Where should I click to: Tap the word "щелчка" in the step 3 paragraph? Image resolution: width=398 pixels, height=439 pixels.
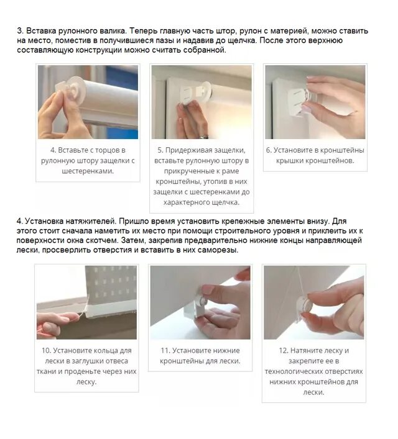click(239, 40)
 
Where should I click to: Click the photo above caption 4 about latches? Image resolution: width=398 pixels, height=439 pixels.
click(88, 102)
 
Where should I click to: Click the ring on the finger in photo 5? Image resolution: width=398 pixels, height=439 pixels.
click(203, 137)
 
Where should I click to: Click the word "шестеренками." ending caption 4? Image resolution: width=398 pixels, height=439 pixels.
click(88, 171)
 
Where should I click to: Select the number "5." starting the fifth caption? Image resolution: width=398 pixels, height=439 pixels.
click(160, 150)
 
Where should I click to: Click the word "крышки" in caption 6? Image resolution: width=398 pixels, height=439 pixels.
click(289, 161)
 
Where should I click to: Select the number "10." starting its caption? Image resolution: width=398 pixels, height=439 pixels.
click(46, 351)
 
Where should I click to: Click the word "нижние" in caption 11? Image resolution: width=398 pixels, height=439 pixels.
click(226, 351)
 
